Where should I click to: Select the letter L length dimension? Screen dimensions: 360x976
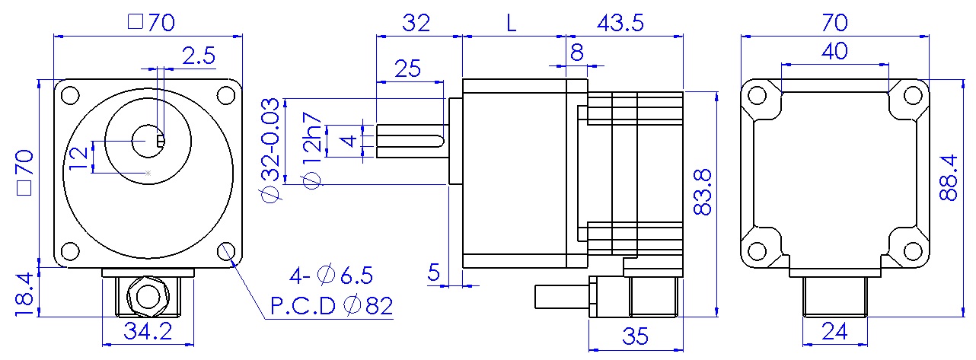tap(512, 22)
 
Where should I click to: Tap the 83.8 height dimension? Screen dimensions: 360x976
tap(703, 192)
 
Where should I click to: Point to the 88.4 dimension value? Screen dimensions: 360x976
tap(949, 177)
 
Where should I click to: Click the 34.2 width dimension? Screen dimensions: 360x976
tap(149, 332)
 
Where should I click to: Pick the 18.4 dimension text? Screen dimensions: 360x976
tap(23, 293)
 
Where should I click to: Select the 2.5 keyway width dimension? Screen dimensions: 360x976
tap(198, 55)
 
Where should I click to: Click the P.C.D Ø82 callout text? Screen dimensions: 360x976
tap(331, 306)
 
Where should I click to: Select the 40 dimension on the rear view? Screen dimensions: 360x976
tap(835, 52)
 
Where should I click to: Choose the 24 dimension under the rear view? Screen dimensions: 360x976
tap(836, 331)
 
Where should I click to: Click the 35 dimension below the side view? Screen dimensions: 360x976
tap(636, 336)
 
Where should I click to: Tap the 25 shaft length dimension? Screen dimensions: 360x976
tap(409, 69)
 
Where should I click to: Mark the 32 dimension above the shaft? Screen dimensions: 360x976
tap(416, 22)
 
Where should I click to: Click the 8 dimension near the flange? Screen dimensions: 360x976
tap(576, 52)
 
